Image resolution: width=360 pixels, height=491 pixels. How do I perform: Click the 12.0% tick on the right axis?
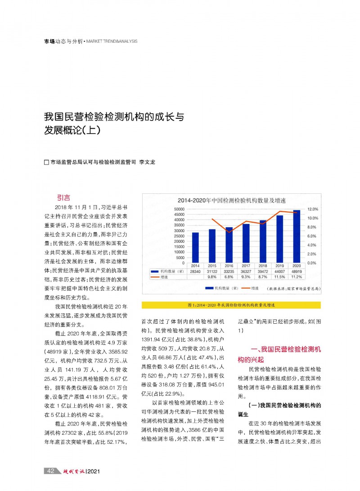[x=313, y=210]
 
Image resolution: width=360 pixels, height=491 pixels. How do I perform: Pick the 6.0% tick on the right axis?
[x=313, y=236]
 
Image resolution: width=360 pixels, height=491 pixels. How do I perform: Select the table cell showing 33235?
[x=229, y=272]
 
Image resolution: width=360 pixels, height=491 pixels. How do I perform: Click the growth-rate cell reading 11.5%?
[x=279, y=277]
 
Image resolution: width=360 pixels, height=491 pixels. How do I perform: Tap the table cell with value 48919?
[x=297, y=272]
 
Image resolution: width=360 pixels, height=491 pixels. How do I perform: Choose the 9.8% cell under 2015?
[x=212, y=277]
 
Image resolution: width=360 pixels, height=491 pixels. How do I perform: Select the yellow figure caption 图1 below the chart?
[x=231, y=305]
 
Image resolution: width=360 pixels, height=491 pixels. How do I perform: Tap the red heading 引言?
[x=63, y=197]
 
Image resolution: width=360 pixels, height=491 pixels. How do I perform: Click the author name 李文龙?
[x=147, y=162]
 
